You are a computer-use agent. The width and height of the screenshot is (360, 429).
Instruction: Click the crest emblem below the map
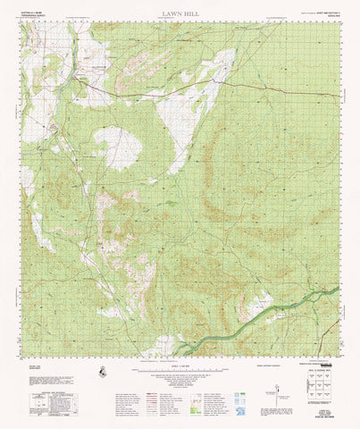coord(105,369)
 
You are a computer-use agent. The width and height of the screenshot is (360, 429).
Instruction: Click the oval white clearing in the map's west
coord(118,147)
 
